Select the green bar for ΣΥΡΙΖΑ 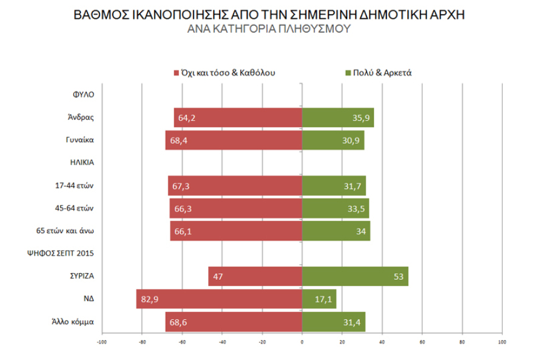[x=355, y=276]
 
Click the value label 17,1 [x=323, y=299]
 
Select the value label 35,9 [x=361, y=117]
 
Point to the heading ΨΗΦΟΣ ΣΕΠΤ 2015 [x=67, y=253]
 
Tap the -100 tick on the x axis [x=102, y=341]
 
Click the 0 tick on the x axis [x=302, y=341]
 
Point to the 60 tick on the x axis [x=422, y=341]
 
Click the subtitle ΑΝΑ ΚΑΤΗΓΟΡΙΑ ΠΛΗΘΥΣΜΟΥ [x=269, y=29]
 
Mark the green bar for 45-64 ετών [x=336, y=208]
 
